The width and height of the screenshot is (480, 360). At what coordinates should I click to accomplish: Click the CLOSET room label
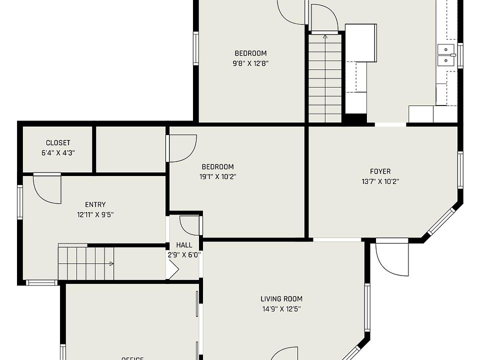(x=58, y=143)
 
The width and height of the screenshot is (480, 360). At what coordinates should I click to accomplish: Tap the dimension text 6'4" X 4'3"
(x=58, y=153)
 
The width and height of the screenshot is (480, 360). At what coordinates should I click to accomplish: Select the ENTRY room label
(x=95, y=204)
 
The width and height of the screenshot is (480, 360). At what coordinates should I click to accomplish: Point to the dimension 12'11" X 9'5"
(x=95, y=214)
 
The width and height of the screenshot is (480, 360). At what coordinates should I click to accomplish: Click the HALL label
(x=184, y=245)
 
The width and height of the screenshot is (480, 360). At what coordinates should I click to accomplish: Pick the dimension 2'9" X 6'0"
(x=184, y=254)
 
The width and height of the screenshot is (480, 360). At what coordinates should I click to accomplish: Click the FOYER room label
(x=380, y=171)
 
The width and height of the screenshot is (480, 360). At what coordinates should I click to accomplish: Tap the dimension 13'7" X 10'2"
(x=380, y=181)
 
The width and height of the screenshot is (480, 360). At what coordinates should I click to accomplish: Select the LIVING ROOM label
(x=281, y=299)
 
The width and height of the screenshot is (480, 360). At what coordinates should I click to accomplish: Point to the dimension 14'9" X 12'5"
(x=281, y=309)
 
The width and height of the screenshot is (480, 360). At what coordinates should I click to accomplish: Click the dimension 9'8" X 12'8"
(x=250, y=63)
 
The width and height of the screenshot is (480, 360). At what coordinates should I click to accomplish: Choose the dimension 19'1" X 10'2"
(x=217, y=176)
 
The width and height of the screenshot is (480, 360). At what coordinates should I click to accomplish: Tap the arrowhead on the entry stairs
(x=111, y=263)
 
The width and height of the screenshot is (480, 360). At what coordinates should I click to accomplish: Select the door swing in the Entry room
(x=47, y=189)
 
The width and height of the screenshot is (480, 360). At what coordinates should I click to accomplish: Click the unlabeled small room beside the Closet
(x=130, y=149)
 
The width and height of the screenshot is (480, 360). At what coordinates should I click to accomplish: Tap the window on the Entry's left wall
(x=20, y=202)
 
